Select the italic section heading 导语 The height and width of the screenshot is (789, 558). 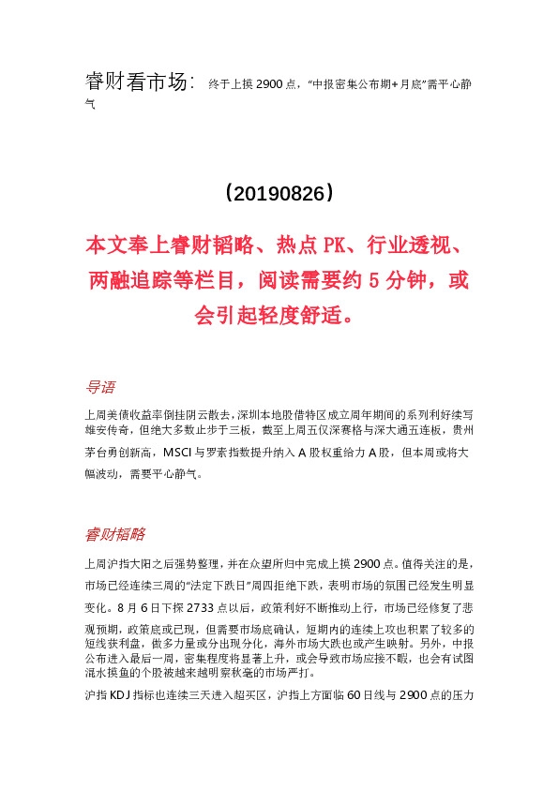click(x=100, y=386)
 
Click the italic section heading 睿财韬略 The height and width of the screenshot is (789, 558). click(x=115, y=534)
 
